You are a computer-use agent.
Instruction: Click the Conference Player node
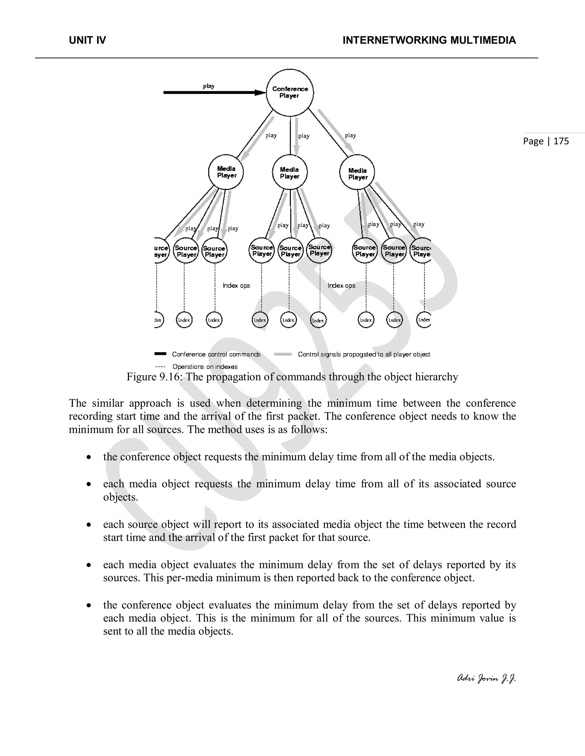290,92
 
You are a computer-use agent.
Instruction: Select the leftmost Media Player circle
226,172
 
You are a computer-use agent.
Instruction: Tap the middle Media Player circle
290,172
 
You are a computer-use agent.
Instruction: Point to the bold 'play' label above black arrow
209,86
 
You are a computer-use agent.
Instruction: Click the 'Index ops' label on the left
236,286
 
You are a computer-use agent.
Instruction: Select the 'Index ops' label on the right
341,286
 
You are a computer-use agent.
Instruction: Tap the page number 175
561,141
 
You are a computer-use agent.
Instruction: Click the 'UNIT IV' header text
87,41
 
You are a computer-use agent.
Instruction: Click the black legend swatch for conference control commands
161,354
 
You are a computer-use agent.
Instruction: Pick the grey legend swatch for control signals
283,354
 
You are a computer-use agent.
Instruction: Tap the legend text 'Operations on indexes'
205,367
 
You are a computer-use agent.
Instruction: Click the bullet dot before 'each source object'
89,525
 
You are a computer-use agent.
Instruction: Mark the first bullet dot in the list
89,457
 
